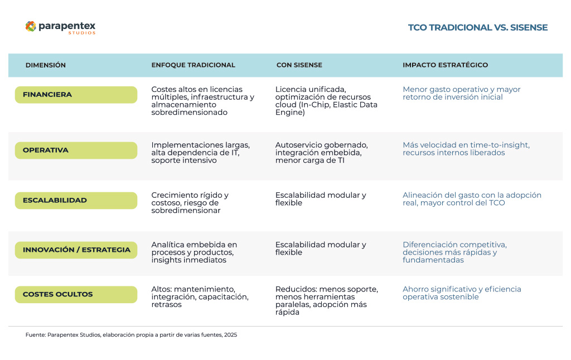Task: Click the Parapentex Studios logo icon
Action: [31, 26]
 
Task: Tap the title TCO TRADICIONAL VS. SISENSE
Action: [477, 27]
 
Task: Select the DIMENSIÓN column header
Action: [46, 65]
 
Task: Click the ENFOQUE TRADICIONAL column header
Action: [193, 65]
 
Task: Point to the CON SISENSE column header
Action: [299, 65]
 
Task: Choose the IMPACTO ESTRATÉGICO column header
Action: [445, 65]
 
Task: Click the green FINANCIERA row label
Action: [76, 95]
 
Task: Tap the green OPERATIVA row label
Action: [76, 150]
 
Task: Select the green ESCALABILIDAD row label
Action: [76, 201]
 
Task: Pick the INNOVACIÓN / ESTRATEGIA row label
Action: [76, 250]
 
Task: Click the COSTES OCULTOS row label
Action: [76, 294]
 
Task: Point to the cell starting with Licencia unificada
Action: [326, 101]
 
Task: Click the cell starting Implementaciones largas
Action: [200, 153]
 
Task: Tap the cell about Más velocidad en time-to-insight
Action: [466, 149]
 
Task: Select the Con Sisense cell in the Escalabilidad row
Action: [321, 199]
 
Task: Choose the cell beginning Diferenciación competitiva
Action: [454, 252]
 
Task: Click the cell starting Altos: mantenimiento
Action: [200, 297]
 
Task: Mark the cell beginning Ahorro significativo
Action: [462, 293]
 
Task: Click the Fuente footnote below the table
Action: [131, 335]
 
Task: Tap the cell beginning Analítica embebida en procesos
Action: [194, 252]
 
